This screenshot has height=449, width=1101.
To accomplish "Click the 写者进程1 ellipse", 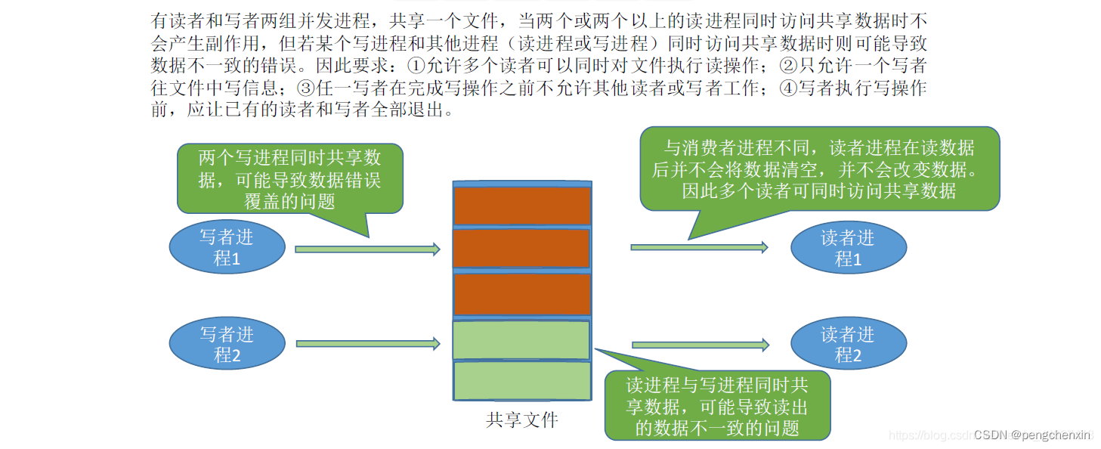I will [x=227, y=248].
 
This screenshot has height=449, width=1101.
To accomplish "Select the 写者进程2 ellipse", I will [x=227, y=345].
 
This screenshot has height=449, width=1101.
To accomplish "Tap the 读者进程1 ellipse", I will [x=848, y=248].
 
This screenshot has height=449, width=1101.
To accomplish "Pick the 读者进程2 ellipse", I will [x=848, y=345].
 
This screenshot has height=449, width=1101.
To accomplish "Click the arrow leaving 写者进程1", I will [x=367, y=249].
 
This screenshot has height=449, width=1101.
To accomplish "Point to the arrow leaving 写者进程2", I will [x=367, y=344].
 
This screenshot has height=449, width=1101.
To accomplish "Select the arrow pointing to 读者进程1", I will [x=699, y=247].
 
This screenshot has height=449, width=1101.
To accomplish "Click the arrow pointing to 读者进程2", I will [x=700, y=345].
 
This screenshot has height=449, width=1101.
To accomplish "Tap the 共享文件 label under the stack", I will [x=522, y=420].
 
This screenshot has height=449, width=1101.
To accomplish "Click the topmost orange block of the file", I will [x=522, y=205].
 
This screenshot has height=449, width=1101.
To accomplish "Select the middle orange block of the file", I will [x=522, y=248].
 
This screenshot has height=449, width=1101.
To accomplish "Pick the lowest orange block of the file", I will [x=522, y=293].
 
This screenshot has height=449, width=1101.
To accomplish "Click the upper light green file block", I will [x=522, y=340].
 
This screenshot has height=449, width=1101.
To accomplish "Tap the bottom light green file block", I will [x=522, y=380].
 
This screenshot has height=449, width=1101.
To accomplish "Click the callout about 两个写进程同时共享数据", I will [x=290, y=179].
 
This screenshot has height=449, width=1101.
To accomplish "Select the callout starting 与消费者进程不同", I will [x=819, y=169].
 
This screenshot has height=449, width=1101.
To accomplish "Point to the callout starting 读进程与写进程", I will [x=717, y=406].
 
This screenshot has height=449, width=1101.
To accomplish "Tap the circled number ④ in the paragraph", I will [x=787, y=88].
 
